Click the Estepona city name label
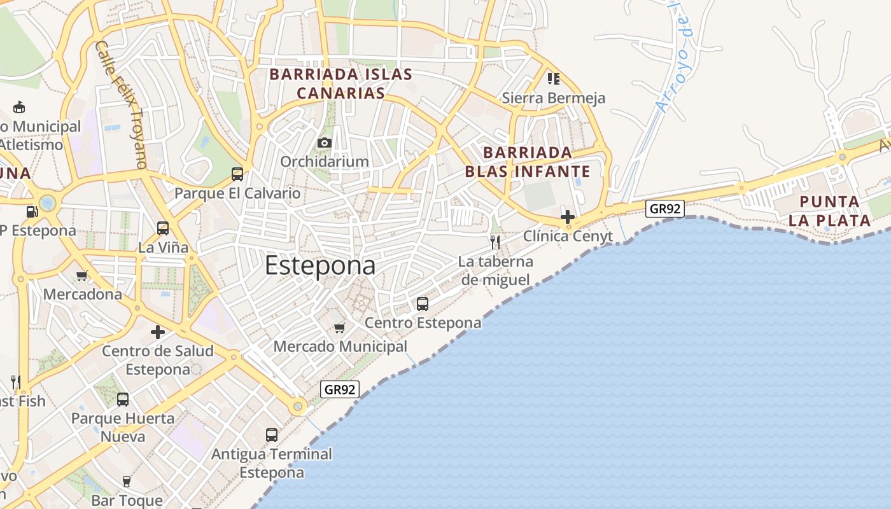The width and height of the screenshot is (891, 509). (320, 265)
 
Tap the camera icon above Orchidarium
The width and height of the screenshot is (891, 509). (325, 143)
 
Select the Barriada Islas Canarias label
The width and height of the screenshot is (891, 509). (341, 84)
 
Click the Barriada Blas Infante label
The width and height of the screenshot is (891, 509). (528, 162)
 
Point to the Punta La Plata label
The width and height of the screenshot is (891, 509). (829, 211)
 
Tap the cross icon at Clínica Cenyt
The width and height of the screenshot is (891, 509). (568, 217)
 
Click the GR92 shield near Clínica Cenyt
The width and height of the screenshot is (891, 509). (665, 208)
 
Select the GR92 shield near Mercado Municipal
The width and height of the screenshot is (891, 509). (340, 389)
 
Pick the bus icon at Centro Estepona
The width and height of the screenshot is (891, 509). (423, 304)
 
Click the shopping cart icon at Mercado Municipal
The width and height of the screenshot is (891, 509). (340, 328)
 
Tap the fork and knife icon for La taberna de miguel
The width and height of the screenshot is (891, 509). (495, 242)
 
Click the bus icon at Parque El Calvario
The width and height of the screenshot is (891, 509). (237, 174)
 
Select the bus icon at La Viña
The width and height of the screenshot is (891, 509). (163, 228)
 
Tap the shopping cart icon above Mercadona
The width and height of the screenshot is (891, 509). (82, 275)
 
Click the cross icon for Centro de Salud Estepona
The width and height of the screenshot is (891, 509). (158, 331)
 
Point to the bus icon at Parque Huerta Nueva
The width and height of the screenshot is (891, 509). (123, 400)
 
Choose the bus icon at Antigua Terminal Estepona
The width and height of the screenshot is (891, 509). (272, 435)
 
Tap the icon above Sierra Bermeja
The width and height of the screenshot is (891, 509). (553, 79)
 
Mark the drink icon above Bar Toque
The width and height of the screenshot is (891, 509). (127, 482)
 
